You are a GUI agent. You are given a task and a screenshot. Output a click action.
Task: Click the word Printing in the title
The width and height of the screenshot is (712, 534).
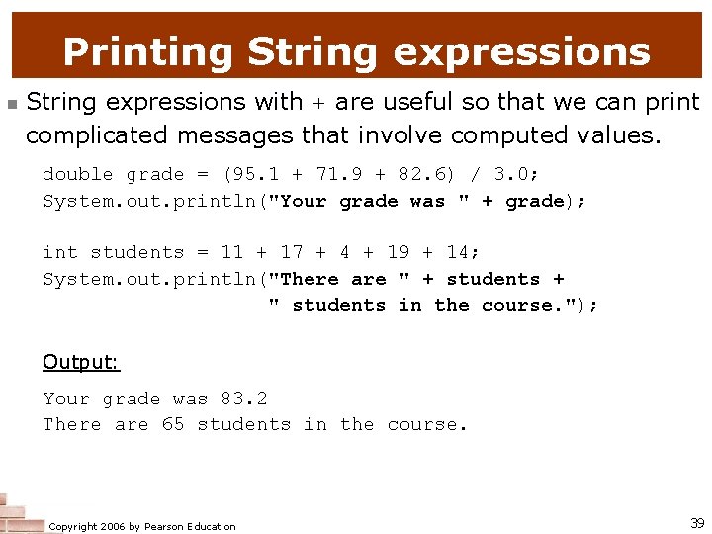[x=146, y=51]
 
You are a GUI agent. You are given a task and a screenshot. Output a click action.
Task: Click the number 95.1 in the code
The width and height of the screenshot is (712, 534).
[x=255, y=175]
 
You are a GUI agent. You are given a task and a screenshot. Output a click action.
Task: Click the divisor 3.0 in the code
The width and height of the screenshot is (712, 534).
[x=511, y=175]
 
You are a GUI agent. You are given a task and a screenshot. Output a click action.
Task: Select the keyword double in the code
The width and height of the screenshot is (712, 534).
[x=78, y=175]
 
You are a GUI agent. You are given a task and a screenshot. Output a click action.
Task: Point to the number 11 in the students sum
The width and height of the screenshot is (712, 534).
[x=231, y=253]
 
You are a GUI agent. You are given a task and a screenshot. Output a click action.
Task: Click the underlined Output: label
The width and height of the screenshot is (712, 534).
[x=81, y=362]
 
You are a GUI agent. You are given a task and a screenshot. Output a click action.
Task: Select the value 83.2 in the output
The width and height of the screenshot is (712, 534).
[x=243, y=400]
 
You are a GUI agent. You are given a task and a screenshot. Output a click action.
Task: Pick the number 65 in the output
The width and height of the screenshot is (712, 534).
[x=172, y=425]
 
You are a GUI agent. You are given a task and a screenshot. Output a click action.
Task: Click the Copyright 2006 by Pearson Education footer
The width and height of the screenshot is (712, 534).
[x=142, y=526]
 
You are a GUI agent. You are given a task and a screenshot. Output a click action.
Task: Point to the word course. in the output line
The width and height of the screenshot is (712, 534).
[x=427, y=425]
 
